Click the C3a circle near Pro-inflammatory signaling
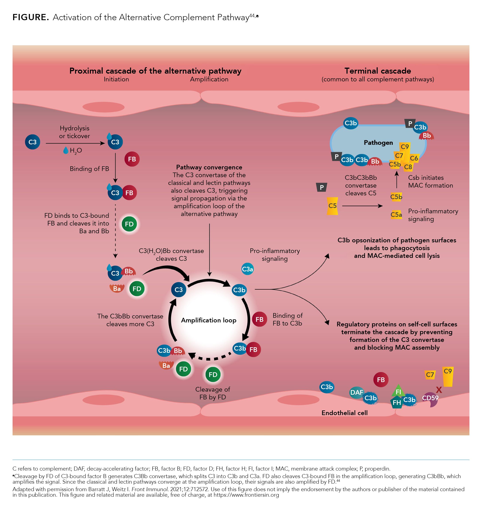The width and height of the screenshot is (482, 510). click(247, 269)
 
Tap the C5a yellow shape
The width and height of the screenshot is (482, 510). click(396, 215)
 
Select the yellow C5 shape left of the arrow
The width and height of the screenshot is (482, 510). click(332, 206)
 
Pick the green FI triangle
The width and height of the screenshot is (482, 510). click(398, 391)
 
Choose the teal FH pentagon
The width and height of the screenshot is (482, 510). click(396, 402)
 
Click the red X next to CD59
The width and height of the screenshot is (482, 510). click(439, 390)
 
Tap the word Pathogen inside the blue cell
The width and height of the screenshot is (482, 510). click(378, 143)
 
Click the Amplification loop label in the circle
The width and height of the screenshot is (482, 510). click(209, 320)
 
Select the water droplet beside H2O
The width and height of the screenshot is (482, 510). click(66, 150)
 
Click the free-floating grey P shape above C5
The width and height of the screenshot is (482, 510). click(322, 187)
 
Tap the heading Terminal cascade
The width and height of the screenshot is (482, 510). click(377, 71)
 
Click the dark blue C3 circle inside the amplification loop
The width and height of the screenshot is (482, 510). click(179, 290)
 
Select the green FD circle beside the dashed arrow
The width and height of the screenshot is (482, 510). click(129, 224)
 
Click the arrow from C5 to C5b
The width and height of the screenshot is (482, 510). click(362, 206)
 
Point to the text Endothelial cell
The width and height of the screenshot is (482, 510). click(344, 413)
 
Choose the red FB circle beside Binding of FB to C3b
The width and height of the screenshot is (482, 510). click(260, 319)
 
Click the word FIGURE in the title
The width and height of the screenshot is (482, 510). click(31, 18)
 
